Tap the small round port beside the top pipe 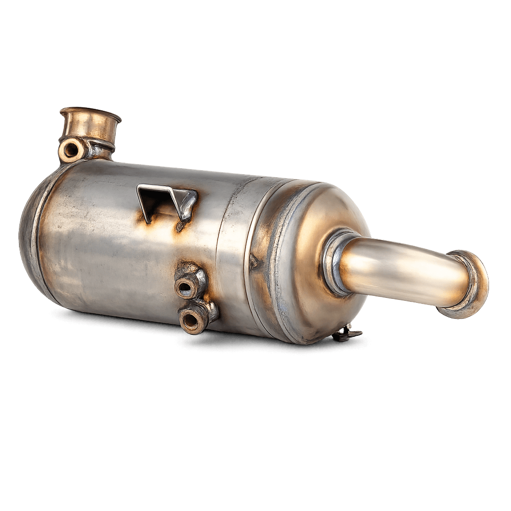(x=70, y=149)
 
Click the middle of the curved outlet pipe (x=399, y=269)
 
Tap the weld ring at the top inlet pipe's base (x=102, y=146)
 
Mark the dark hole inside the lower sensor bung (x=192, y=320)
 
